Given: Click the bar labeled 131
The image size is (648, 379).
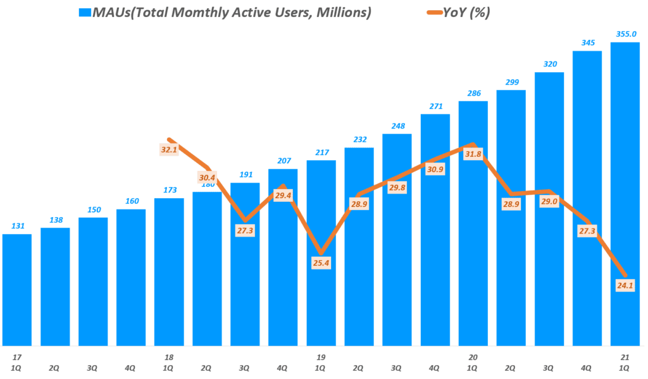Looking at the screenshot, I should click(17, 288).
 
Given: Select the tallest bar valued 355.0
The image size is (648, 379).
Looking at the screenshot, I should click(625, 190).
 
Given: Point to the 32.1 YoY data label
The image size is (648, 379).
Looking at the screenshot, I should click(170, 150).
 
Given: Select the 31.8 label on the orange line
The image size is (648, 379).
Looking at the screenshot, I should click(473, 154).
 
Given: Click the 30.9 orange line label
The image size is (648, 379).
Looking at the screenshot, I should click(435, 170).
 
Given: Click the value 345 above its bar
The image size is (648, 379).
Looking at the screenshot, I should click(587, 42).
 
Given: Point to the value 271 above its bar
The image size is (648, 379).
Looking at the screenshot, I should click(435, 106).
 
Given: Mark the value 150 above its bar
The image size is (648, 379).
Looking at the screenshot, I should click(93, 209).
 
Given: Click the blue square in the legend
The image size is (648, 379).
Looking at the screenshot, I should click(84, 13).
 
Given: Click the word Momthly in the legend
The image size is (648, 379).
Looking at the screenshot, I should click(188, 13).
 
